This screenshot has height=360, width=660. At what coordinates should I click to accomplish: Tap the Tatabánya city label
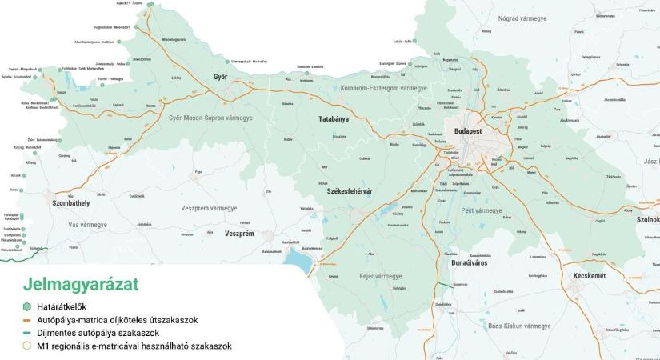[330, 118]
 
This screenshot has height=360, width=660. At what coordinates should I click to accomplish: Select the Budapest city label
[466, 130]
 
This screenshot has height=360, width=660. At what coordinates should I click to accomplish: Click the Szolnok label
[647, 219]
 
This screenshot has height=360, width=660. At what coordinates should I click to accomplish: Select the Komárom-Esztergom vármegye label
[384, 87]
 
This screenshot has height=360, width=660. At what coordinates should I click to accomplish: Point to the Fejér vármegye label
[374, 276]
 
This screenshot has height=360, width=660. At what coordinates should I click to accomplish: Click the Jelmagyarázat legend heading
[81, 284]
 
